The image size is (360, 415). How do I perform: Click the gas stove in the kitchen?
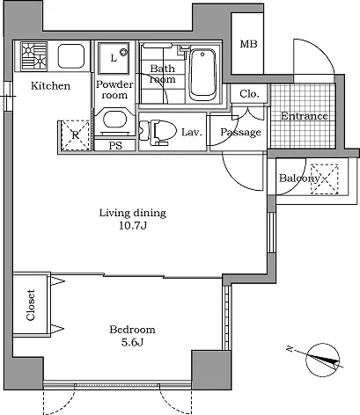tap(34, 56)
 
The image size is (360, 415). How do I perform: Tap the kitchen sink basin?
tap(71, 56)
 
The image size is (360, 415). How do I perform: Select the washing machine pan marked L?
tap(114, 58)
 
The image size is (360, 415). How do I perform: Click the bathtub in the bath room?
tap(202, 75)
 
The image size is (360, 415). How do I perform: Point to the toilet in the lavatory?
tap(158, 133)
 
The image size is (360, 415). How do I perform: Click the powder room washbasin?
tap(115, 120)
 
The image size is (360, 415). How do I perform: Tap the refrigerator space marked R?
tap(76, 135)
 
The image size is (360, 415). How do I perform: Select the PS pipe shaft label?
tap(115, 146)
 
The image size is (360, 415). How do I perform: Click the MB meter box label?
tap(248, 44)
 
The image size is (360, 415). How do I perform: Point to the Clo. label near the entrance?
tap(249, 94)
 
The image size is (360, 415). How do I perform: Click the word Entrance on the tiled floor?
tap(304, 116)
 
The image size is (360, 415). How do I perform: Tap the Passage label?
tap(240, 132)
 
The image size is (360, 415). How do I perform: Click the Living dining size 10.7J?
tap(133, 226)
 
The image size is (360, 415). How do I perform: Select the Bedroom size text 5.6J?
tap(132, 342)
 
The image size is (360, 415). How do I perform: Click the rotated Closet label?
tap(31, 305)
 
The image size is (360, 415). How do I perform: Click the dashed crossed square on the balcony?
tap(325, 179)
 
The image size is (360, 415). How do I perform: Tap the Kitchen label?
tap(51, 86)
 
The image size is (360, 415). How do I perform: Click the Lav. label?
tap(192, 133)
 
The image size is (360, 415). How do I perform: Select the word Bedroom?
tap(132, 330)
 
